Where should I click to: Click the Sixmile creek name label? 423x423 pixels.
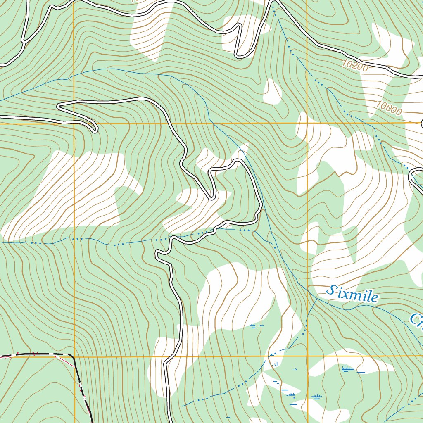click(x=352, y=293)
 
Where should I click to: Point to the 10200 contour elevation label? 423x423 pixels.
click(x=355, y=65)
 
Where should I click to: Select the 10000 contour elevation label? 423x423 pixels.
click(x=389, y=108)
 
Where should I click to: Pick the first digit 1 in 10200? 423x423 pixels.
click(x=345, y=62)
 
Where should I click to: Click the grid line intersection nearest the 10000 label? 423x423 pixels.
click(x=307, y=123)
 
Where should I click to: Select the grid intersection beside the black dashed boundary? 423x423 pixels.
click(x=74, y=356)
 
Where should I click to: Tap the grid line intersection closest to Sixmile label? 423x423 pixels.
click(x=307, y=356)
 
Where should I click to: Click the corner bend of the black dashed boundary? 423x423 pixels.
click(x=73, y=356)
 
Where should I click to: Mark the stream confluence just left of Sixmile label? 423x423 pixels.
click(x=317, y=298)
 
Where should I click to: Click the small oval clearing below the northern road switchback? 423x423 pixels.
click(x=272, y=91)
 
